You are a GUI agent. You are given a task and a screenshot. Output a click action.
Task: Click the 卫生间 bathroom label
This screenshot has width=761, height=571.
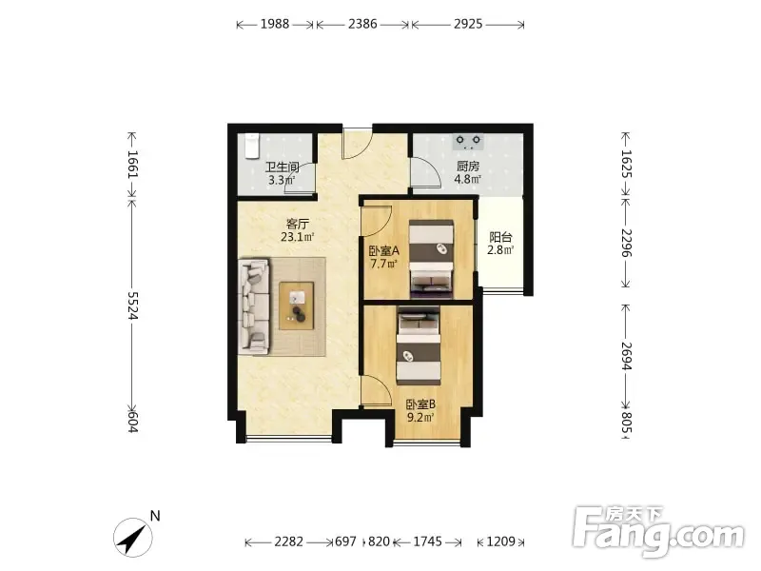click(282, 167)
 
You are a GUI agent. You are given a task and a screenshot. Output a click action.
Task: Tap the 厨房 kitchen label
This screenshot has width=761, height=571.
click(468, 167)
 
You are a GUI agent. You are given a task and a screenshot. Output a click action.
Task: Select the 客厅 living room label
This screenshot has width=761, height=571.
click(298, 224)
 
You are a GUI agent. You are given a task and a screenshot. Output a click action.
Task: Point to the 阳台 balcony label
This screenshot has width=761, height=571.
click(500, 237)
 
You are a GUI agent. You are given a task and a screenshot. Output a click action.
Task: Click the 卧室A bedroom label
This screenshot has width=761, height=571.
click(383, 251)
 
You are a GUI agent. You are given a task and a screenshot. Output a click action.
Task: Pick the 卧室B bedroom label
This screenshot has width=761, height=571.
click(420, 404)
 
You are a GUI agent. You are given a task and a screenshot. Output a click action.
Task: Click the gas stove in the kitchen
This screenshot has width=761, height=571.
click(468, 141)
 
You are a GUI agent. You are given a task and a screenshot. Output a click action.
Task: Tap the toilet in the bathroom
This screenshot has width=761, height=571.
click(251, 147)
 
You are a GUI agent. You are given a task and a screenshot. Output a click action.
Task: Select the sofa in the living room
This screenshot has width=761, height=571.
click(253, 306)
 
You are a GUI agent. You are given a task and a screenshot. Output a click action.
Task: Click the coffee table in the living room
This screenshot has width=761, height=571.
click(296, 305)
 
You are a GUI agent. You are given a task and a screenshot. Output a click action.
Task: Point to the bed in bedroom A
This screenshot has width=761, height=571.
click(432, 259)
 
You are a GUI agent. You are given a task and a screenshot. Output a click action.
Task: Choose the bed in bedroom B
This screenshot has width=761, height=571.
click(419, 345)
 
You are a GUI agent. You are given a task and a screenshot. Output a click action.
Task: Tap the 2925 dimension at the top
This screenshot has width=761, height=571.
click(468, 24)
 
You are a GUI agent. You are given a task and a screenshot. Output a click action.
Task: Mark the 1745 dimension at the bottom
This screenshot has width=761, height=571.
click(427, 541)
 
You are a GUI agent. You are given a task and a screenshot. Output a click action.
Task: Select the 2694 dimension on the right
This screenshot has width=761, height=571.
click(627, 356)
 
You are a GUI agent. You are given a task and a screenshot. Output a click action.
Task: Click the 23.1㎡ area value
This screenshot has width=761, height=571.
click(298, 237)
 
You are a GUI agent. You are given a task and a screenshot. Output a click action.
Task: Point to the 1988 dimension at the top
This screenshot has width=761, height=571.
click(275, 24)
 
